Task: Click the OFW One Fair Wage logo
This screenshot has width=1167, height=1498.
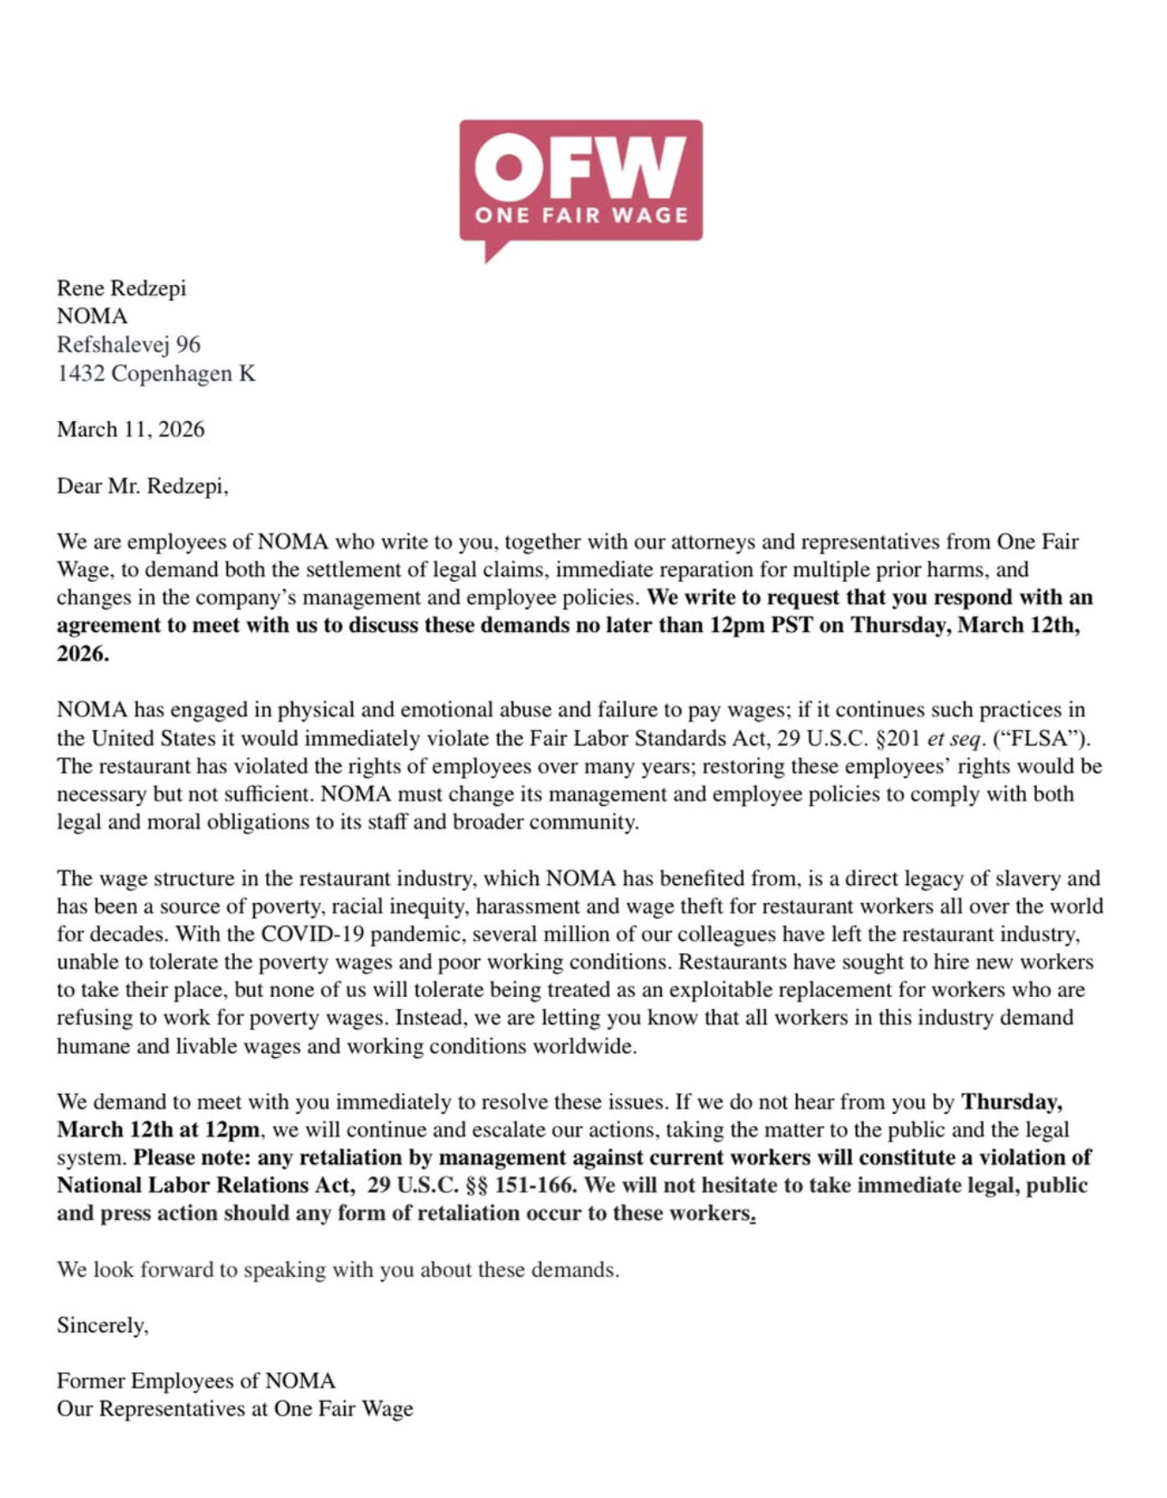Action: click(x=581, y=185)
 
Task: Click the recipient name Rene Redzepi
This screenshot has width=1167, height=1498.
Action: click(x=121, y=288)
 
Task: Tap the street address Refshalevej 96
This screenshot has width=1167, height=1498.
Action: click(x=128, y=344)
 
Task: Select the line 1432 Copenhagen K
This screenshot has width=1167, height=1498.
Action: click(x=156, y=374)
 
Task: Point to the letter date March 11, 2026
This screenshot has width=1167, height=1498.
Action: click(x=131, y=430)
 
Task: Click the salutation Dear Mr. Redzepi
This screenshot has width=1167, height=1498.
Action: click(x=142, y=486)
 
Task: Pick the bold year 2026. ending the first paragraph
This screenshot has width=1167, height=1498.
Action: click(x=83, y=653)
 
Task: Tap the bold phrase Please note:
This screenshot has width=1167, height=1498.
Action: click(x=192, y=1157)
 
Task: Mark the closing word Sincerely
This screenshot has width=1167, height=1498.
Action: click(x=102, y=1326)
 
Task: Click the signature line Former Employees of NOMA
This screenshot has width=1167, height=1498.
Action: click(x=196, y=1381)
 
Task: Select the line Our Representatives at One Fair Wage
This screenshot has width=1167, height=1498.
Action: click(x=235, y=1409)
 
